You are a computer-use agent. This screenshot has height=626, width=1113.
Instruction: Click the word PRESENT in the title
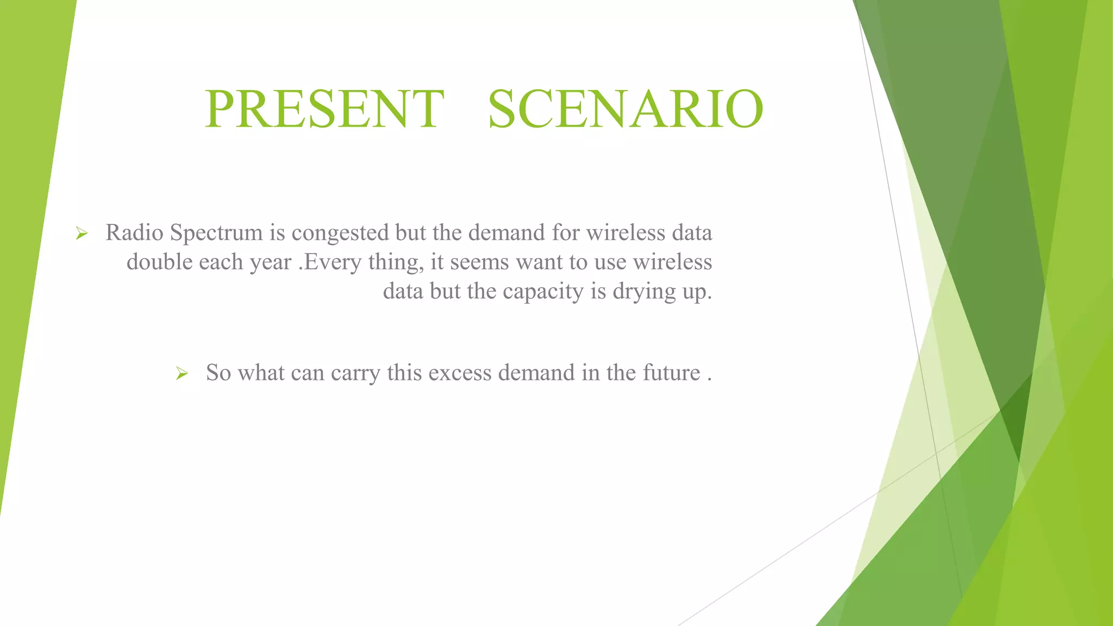click(324, 109)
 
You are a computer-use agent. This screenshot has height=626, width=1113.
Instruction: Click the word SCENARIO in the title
click(626, 109)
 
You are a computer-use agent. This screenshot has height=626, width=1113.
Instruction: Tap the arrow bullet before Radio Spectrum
click(82, 234)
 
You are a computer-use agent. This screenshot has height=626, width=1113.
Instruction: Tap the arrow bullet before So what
click(182, 374)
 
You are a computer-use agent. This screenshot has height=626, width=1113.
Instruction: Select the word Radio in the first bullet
click(134, 233)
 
